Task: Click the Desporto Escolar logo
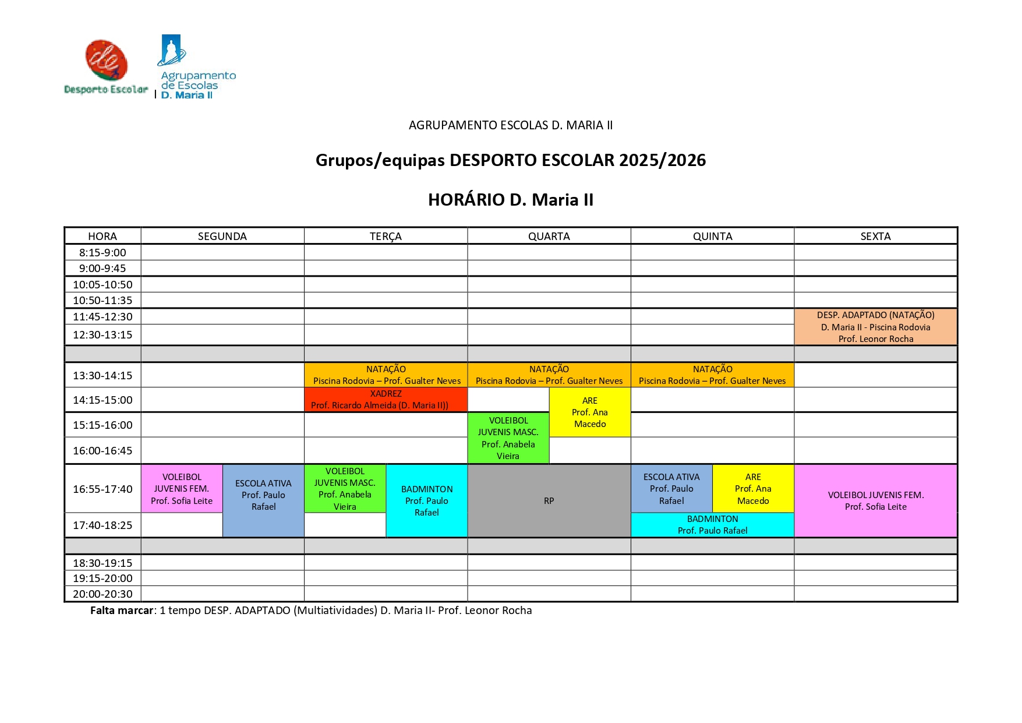[106, 66]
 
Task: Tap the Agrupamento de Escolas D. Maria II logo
[196, 67]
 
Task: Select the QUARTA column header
[549, 236]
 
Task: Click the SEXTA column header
[875, 236]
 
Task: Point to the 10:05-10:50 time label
[102, 284]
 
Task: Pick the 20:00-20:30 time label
[102, 594]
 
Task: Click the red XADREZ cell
[386, 400]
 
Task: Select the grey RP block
[549, 500]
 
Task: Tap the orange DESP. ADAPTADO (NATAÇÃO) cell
[875, 327]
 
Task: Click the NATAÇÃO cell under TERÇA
[386, 375]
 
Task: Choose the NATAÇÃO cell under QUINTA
[712, 375]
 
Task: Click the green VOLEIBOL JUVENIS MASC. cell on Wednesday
[508, 438]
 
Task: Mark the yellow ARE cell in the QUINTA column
[753, 488]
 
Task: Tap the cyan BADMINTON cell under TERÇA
[426, 500]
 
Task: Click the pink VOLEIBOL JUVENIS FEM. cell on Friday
[875, 500]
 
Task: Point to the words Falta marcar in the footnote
[122, 611]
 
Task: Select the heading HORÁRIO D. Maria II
[510, 200]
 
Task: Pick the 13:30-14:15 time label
[102, 375]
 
